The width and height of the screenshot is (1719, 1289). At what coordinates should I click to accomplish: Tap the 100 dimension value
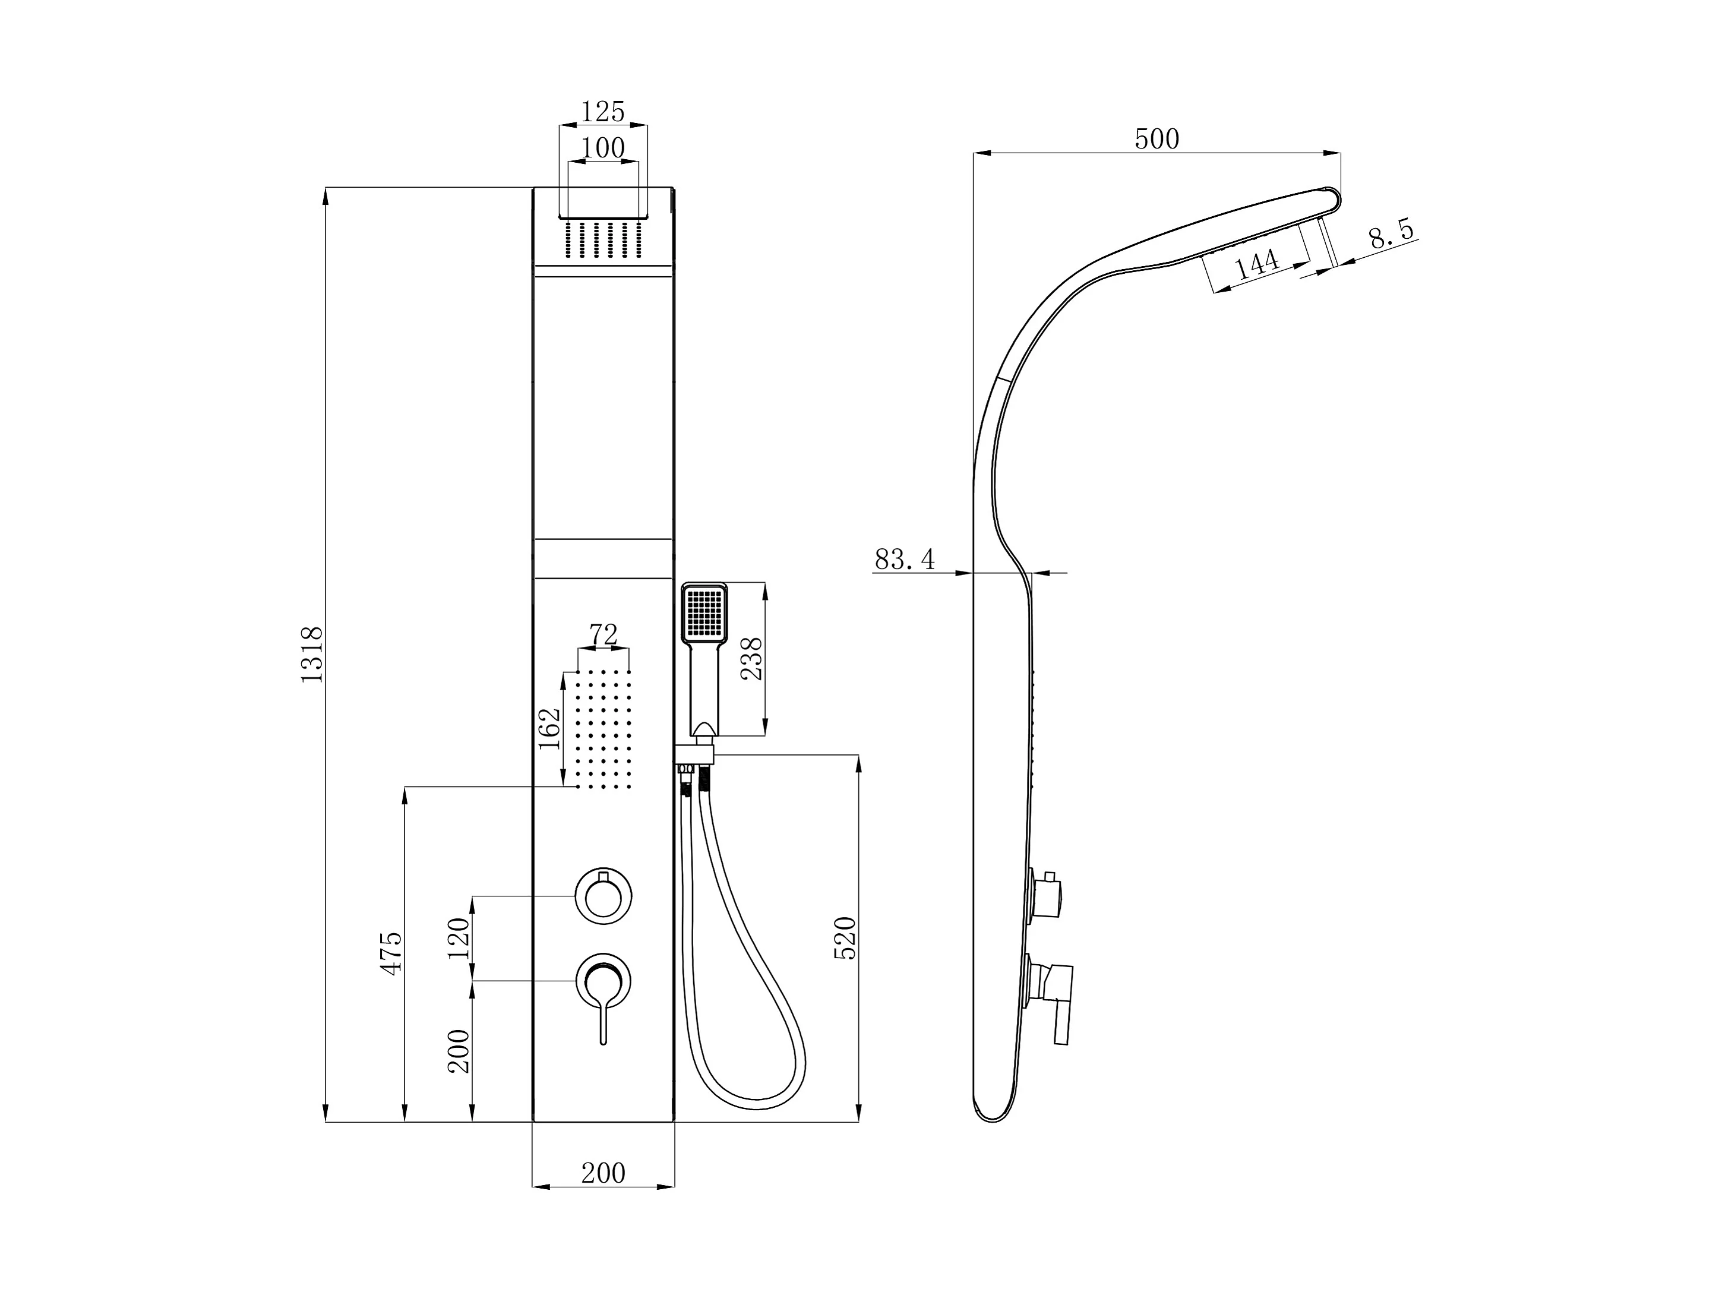(603, 148)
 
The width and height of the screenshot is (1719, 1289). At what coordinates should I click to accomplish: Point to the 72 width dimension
(603, 635)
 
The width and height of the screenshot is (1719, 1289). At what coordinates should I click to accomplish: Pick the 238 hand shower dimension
(751, 658)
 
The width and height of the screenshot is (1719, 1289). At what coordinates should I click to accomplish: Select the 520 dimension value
(845, 938)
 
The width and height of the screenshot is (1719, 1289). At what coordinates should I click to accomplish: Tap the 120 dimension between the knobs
(459, 938)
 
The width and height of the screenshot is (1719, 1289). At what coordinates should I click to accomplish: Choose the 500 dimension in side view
(1156, 139)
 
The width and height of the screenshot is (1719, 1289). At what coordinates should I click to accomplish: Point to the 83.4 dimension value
(905, 558)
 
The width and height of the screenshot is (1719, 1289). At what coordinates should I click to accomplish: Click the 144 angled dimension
(1257, 264)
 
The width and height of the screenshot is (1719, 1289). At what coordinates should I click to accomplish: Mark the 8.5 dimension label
(1391, 233)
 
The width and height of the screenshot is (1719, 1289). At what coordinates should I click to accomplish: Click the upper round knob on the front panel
(603, 896)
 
